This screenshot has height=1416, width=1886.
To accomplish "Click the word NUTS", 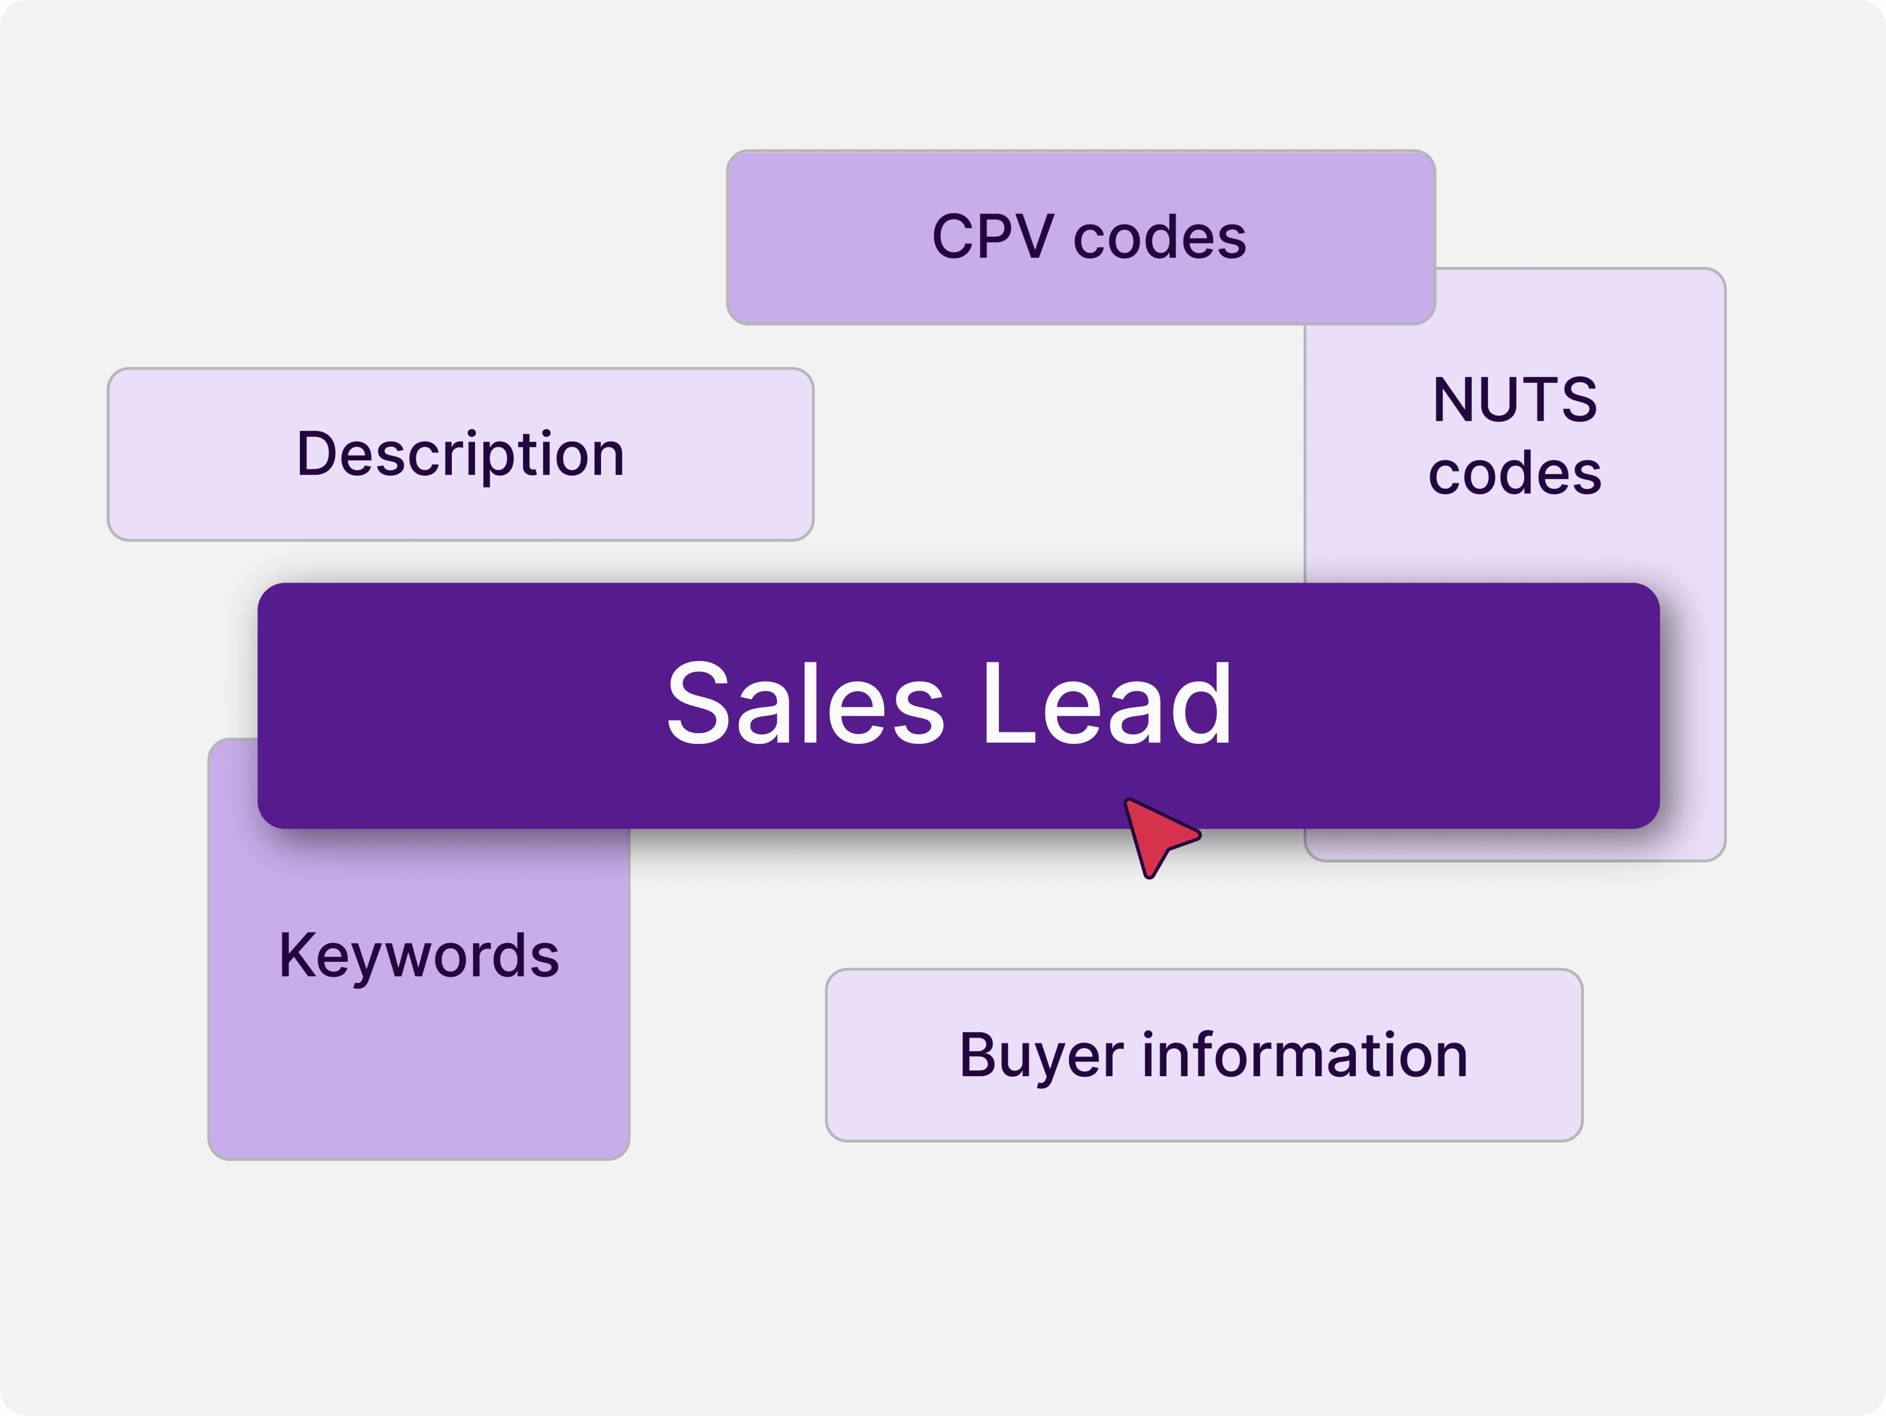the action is click(x=1515, y=399).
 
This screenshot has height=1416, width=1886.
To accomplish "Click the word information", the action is click(x=1304, y=1055).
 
